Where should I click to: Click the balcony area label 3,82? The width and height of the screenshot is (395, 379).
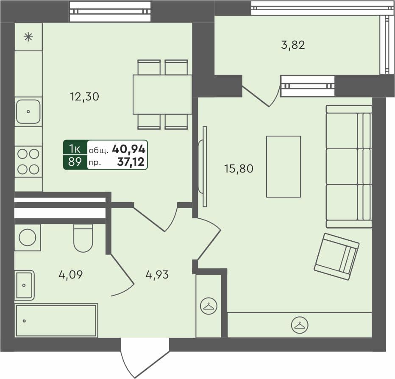293,45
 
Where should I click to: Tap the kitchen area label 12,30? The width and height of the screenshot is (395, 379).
84,97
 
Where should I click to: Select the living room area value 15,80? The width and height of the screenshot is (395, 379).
239,169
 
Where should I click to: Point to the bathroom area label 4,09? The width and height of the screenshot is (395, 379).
70,275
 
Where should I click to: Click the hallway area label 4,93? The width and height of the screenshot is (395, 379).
157,275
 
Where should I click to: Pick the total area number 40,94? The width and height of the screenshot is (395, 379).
129,149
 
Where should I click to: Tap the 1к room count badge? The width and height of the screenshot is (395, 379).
75,148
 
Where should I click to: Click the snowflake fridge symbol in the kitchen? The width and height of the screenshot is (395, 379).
28,37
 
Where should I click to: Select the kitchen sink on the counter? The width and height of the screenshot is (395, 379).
28,111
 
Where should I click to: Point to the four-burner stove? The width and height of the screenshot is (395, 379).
28,162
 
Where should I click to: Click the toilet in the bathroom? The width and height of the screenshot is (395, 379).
83,238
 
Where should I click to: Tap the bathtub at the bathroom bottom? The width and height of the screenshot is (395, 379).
56,320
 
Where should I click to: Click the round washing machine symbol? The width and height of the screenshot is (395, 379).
28,237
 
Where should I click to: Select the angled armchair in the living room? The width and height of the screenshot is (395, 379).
337,256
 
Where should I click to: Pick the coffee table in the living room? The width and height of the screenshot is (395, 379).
283,167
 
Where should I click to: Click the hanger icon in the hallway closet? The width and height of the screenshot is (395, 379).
209,306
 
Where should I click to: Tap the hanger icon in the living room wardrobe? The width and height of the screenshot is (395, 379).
300,325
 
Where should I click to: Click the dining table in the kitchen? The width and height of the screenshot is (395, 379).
162,95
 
